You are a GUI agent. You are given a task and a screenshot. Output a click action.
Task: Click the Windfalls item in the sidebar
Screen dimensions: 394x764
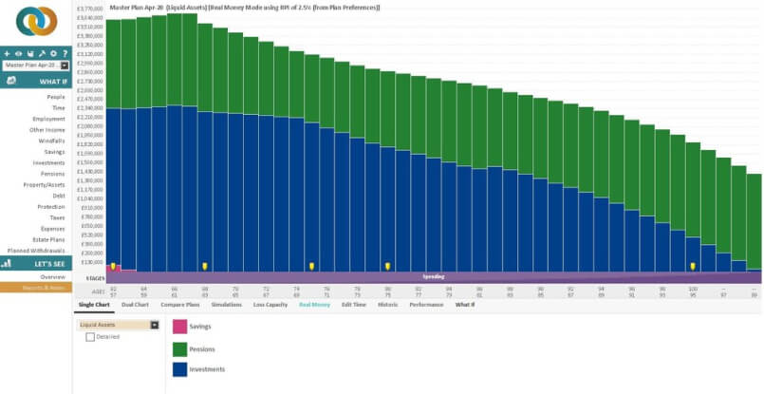51,141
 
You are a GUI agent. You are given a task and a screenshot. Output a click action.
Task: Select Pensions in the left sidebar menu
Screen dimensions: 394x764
52,173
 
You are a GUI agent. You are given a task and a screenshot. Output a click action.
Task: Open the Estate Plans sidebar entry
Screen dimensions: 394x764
47,239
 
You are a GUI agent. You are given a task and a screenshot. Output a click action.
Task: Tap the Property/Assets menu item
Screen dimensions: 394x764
46,184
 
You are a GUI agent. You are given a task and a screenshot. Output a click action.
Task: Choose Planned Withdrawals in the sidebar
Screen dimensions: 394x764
36,251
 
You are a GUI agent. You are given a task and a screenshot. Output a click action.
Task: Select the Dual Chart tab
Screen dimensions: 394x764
135,304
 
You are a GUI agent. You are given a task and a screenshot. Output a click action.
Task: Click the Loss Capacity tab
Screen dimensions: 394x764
270,304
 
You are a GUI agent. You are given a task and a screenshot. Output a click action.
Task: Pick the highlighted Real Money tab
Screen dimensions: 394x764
314,304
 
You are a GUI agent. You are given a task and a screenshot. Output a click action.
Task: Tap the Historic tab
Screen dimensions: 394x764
387,304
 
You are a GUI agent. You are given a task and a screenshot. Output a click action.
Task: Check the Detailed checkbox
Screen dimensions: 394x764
90,336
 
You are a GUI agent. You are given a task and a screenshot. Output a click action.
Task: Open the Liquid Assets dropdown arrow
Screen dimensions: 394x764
155,325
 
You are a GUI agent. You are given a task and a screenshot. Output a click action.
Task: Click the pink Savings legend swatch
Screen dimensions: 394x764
178,327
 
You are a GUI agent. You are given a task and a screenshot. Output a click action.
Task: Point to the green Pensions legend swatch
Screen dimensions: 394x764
178,348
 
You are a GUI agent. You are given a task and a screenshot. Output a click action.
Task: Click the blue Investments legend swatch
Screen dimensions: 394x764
178,370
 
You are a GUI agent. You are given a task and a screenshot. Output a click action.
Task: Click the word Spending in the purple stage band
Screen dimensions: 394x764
433,276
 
